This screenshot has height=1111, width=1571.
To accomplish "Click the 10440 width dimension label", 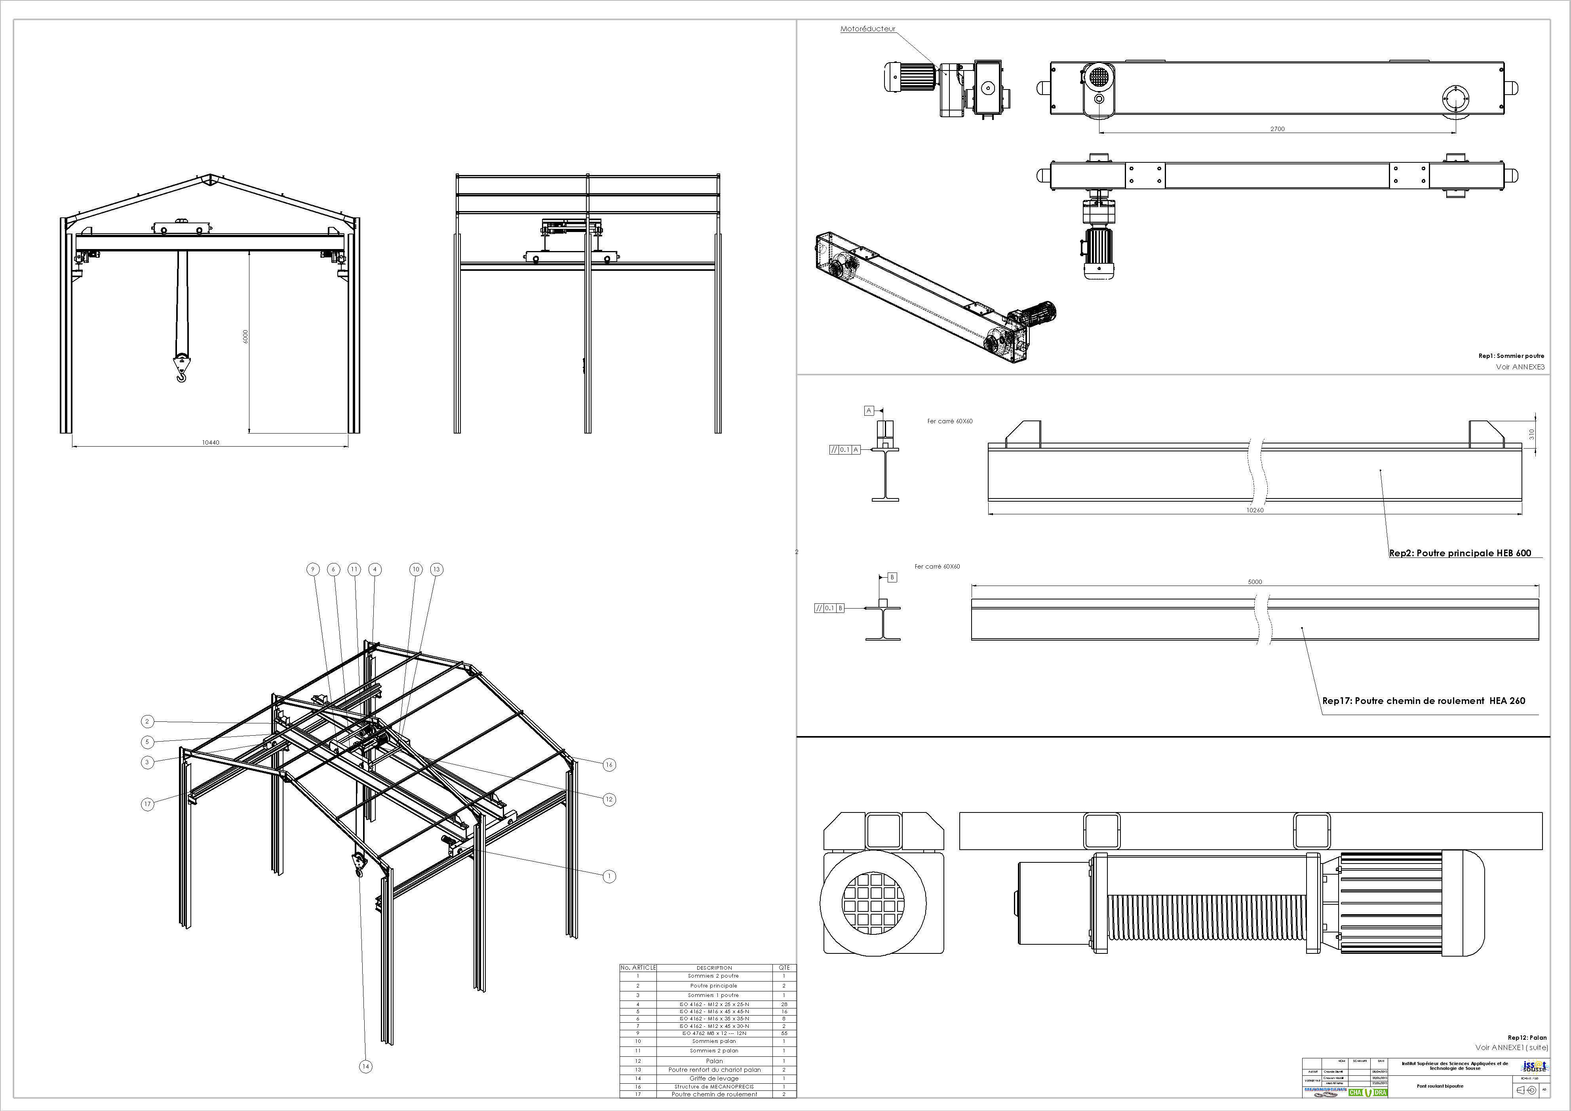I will [x=210, y=442].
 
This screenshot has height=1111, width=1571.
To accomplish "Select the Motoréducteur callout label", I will [x=867, y=29].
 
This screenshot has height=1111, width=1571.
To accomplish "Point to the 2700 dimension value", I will [x=1277, y=129].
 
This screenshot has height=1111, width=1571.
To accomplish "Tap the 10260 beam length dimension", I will [x=1254, y=510].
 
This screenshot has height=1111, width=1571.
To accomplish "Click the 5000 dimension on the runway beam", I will [x=1254, y=582].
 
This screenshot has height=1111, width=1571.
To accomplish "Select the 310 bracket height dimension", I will [x=1531, y=434].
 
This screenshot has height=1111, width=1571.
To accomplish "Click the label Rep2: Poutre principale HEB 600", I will [x=1459, y=553].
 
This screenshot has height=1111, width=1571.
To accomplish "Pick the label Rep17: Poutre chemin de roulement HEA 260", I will [x=1423, y=700].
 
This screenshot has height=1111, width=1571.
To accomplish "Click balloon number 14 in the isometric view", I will [x=365, y=1066].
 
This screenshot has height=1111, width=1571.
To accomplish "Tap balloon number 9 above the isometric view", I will [x=313, y=569].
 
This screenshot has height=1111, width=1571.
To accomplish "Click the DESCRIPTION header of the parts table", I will [x=714, y=967].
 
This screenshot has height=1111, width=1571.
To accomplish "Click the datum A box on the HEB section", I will [x=869, y=411].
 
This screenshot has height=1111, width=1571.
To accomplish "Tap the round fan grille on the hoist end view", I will [x=872, y=903].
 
